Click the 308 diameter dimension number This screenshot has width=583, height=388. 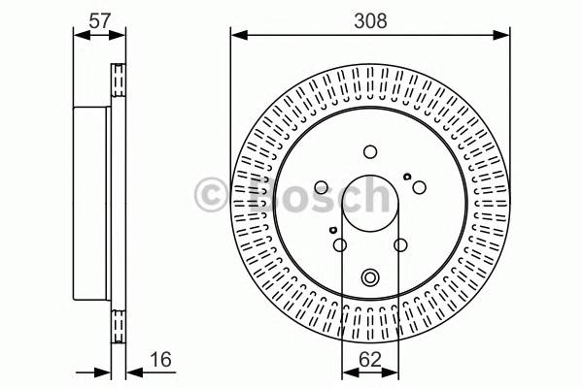[x=370, y=18]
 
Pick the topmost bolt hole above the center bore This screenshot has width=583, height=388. [x=370, y=151]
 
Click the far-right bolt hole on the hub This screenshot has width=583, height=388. [x=419, y=186]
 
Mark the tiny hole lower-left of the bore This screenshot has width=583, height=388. [x=333, y=230]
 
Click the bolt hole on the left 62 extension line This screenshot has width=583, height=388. [x=341, y=245]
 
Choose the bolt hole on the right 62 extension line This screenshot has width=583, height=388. [x=399, y=245]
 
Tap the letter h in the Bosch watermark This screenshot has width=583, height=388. [x=373, y=194]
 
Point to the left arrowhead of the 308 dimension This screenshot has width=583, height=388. [x=236, y=35]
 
